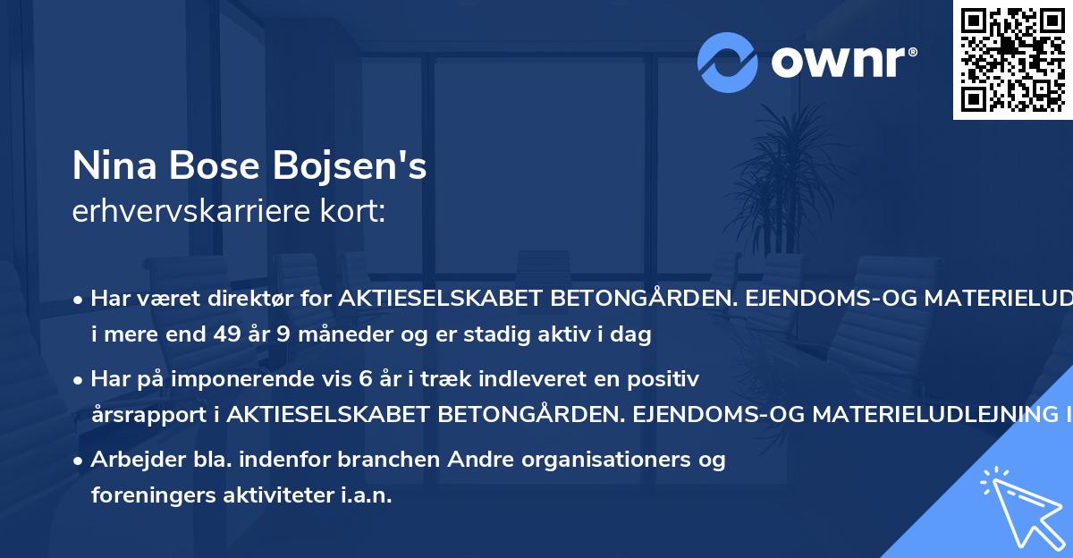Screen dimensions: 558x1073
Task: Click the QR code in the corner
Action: [x=1013, y=59]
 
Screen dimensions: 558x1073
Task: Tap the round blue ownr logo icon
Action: [x=727, y=62]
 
